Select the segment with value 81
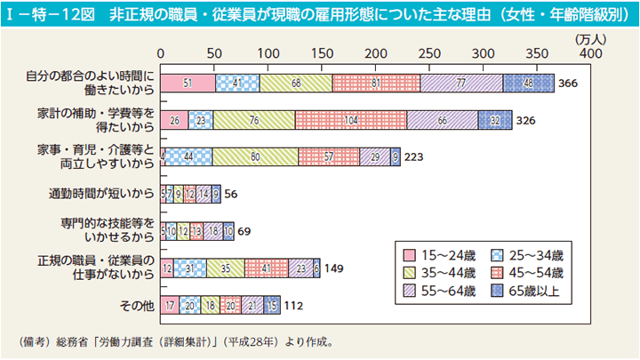pos(376,83)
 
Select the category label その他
pos(139,306)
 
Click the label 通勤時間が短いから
pos(102,193)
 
